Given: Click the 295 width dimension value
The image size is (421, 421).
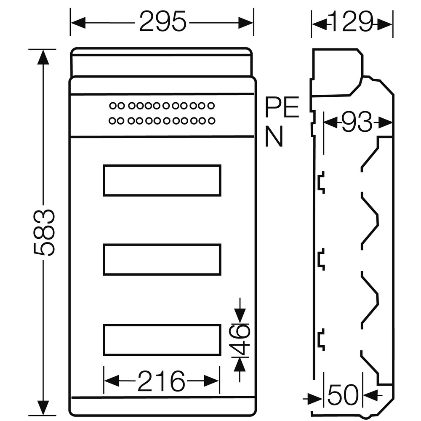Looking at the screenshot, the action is (163, 21).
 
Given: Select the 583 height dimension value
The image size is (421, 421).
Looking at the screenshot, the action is (44, 232).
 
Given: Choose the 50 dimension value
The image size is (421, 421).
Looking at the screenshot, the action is (343, 395).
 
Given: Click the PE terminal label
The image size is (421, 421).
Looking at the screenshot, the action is (282, 107).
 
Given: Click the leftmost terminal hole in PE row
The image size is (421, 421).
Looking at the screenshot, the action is (113, 106).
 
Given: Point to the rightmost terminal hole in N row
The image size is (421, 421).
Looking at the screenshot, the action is (212, 120).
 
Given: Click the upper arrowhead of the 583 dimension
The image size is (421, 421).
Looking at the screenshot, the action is (43, 57).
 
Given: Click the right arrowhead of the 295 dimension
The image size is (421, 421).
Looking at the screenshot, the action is (246, 23).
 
